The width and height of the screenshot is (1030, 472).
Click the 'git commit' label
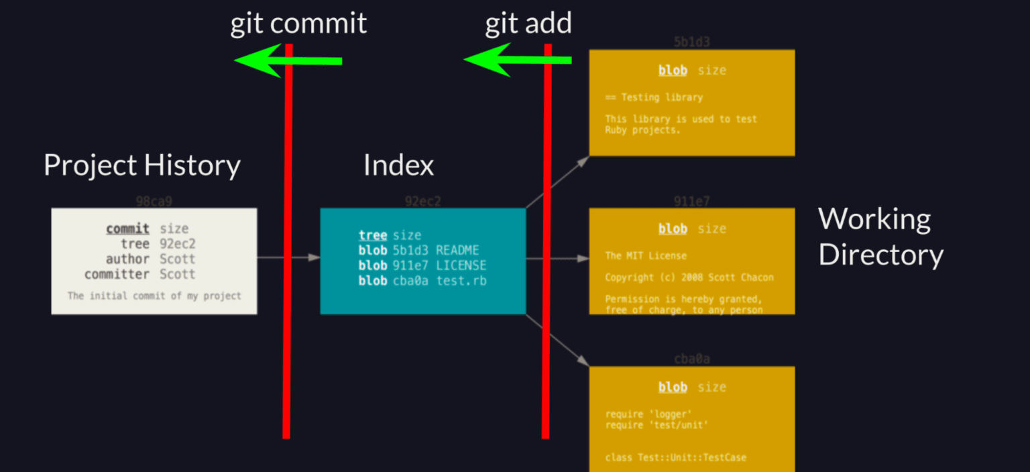(298, 23)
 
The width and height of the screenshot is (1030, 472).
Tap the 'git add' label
(528, 23)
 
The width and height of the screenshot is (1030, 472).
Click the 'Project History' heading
(141, 165)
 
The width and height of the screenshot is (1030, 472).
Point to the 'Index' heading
(398, 165)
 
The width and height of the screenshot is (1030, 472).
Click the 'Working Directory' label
(880, 237)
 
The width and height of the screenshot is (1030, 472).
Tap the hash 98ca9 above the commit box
(154, 201)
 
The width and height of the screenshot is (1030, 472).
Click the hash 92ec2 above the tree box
(422, 201)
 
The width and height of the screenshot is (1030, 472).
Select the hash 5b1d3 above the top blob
(691, 43)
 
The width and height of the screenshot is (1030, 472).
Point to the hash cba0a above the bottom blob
(691, 359)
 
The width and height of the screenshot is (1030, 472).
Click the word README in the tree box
(457, 250)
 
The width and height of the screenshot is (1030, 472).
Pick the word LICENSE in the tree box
(461, 265)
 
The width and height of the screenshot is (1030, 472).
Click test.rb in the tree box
(461, 281)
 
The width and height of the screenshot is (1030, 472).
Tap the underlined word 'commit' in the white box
(127, 229)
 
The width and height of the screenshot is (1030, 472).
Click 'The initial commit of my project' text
(154, 296)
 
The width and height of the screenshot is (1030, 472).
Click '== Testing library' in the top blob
(654, 97)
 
